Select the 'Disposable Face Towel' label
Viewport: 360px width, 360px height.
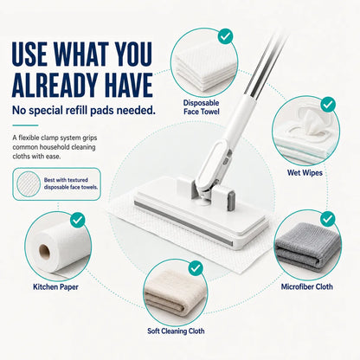202,107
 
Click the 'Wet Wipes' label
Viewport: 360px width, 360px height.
305,173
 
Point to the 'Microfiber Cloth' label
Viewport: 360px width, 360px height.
307,286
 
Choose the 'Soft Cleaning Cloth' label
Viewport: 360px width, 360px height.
176,331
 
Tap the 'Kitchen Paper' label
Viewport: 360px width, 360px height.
55,287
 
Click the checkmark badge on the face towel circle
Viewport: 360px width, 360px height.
225,36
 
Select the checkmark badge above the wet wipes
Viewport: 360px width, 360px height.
328,105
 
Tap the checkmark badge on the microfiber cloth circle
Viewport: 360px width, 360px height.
328,219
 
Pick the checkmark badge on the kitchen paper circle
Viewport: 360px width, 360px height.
78,221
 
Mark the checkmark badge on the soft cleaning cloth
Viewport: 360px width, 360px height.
196,268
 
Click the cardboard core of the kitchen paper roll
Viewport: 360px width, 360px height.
45,252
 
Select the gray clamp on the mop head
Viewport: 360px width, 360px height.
231,201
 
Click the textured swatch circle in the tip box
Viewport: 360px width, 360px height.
29,184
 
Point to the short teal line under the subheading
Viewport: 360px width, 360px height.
25,125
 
